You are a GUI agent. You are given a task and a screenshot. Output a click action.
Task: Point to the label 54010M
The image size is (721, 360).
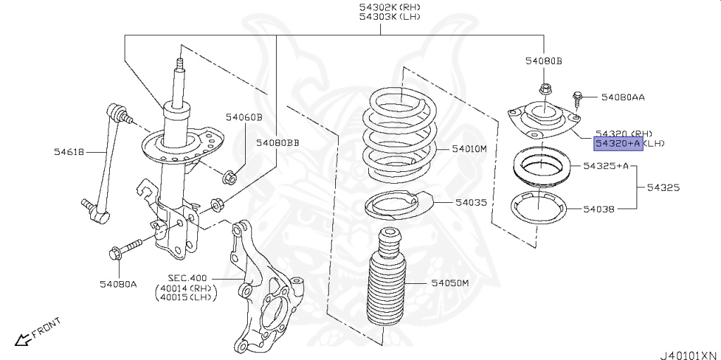[470, 149]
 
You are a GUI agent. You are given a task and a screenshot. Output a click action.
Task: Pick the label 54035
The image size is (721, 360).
[470, 202]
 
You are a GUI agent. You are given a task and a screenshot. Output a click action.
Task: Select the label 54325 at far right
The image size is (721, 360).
[663, 188]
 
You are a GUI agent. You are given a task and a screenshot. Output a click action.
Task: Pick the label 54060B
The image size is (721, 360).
[244, 117]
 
